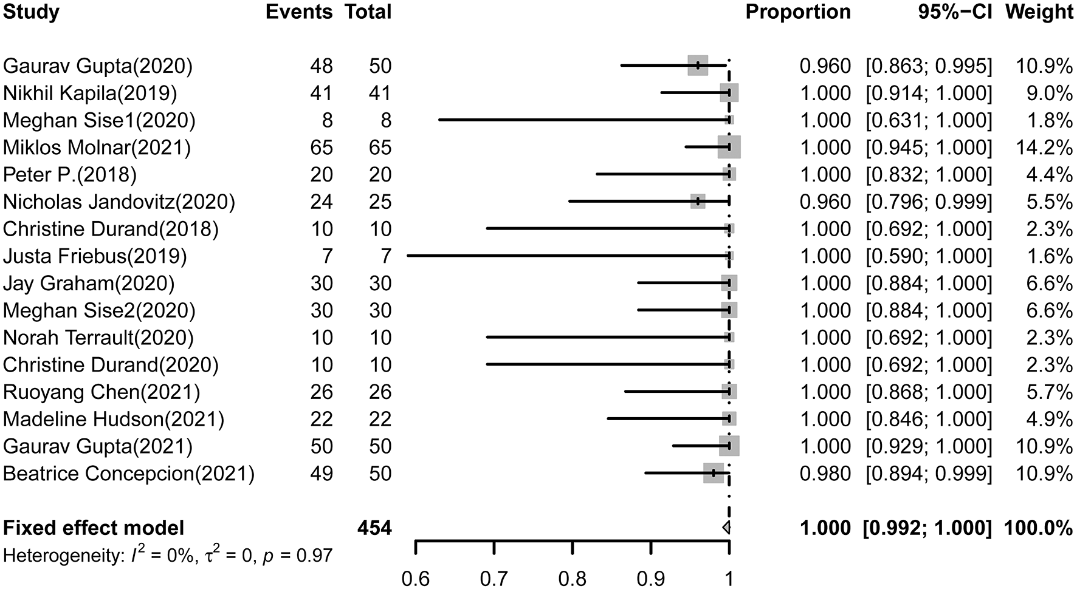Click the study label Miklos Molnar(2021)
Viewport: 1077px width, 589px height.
97,148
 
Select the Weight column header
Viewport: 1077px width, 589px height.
1039,12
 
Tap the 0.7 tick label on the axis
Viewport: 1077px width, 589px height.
494,579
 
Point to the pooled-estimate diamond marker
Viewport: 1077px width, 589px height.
726,528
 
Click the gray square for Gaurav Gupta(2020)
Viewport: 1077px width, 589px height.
698,66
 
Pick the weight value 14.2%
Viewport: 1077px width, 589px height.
1044,148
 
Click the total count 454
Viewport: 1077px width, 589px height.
374,528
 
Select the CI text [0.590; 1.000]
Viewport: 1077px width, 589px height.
929,256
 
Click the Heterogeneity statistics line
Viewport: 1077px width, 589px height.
168,554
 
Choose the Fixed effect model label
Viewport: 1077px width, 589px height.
94,528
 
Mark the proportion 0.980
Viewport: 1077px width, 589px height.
825,474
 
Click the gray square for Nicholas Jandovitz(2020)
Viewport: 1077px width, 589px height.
698,202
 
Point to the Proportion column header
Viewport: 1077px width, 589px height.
798,12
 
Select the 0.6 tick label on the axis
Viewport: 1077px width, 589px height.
416,579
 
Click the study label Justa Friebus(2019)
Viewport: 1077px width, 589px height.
95,256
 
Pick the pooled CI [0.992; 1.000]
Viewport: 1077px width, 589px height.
927,528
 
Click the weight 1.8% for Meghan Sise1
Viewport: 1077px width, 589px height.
1049,120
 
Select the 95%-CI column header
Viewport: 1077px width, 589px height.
955,12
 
